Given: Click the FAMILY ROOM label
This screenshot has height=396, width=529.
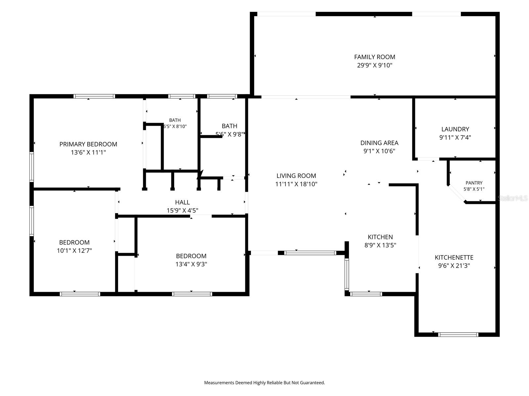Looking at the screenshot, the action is pos(375,57).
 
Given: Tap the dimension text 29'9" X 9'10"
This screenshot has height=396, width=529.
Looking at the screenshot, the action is pos(375,65).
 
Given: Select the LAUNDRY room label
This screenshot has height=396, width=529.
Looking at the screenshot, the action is pos(455,129).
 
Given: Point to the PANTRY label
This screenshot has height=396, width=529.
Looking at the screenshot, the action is pos(474,183).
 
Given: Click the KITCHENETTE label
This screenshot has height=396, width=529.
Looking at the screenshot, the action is pos(454,257).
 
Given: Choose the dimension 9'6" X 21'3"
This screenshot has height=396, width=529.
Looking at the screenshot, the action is pos(454,266).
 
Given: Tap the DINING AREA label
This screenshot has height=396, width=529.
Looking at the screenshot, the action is pos(379,143).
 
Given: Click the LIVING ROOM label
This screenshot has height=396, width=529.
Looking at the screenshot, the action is pos(296,176).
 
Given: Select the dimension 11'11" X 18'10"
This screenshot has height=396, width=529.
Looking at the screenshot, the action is pos(296,184).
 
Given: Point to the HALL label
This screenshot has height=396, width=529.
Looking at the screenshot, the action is pos(182,202).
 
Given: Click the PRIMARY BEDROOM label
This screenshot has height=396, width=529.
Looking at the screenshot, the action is pos(88,144).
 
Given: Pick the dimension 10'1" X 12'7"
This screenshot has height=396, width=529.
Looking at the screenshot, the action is pos(74,250).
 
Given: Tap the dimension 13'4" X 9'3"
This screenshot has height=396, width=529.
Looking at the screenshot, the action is pos(191,264).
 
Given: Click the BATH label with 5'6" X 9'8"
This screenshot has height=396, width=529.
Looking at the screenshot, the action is pos(229,126).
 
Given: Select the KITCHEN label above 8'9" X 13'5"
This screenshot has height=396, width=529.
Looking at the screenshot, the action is pos(380,237).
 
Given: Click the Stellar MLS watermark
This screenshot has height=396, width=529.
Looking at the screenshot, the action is pos(512,198).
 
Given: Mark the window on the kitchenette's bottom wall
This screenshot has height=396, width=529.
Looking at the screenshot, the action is pos(458,334).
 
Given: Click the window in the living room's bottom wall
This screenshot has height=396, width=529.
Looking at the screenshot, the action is pos(310,253).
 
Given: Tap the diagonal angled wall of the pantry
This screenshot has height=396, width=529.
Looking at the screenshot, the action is pos(457,194).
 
